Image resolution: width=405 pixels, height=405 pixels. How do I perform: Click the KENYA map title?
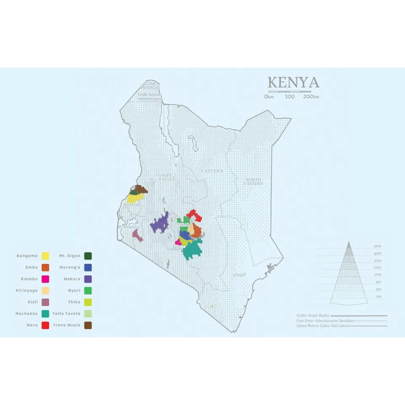[x=293, y=83]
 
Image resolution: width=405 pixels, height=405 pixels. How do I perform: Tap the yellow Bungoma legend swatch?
[x=45, y=256]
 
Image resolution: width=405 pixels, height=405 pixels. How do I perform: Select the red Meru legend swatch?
[x=45, y=325]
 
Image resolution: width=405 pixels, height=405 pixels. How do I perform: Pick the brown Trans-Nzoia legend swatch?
[x=88, y=325]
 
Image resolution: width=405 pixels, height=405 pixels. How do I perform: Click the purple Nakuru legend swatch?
[x=88, y=279]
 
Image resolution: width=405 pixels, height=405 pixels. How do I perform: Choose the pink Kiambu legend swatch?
[x=45, y=279]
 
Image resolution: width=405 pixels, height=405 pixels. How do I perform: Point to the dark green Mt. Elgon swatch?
[x=88, y=256]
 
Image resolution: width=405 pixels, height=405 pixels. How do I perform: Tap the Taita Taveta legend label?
[x=66, y=314]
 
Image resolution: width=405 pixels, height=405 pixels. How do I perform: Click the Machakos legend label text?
[x=27, y=314]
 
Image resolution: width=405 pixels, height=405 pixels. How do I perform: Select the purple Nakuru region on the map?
[x=160, y=223]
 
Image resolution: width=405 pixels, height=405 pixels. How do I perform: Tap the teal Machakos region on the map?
[x=191, y=251]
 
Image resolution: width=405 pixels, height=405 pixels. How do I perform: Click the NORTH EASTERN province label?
[x=254, y=181]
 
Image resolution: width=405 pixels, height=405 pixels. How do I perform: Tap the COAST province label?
[x=239, y=275]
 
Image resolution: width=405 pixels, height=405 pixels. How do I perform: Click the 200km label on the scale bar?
[x=311, y=97]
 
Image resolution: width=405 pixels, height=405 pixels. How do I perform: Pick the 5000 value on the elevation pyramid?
[x=377, y=246]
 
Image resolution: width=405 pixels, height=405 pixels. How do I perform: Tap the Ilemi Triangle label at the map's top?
[x=149, y=85]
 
